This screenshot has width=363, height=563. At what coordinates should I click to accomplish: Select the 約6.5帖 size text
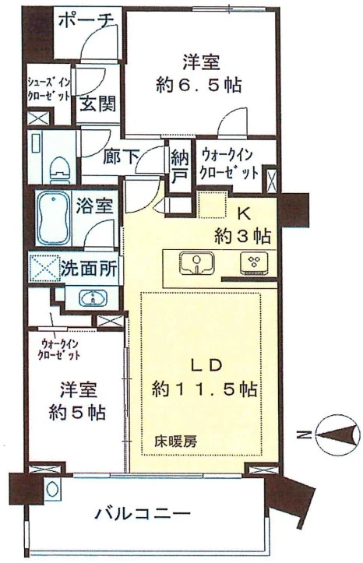(x=199, y=85)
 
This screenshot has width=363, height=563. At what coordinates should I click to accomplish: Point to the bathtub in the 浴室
(x=55, y=218)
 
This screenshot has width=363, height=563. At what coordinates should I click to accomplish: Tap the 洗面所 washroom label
(x=89, y=268)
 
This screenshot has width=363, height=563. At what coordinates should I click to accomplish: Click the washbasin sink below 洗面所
(x=93, y=297)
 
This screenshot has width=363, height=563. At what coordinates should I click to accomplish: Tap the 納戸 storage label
(x=179, y=165)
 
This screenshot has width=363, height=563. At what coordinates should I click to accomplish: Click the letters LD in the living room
(x=207, y=365)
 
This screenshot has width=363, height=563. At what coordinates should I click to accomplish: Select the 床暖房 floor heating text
(x=175, y=441)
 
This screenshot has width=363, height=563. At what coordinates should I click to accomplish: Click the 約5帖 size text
(x=77, y=412)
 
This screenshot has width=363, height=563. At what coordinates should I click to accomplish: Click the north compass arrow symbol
(x=337, y=435)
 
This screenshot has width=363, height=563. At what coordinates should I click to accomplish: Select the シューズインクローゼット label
(x=50, y=90)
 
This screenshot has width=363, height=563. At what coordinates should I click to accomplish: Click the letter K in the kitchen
(x=244, y=214)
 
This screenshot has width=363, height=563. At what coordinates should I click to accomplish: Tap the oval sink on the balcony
(x=51, y=489)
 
